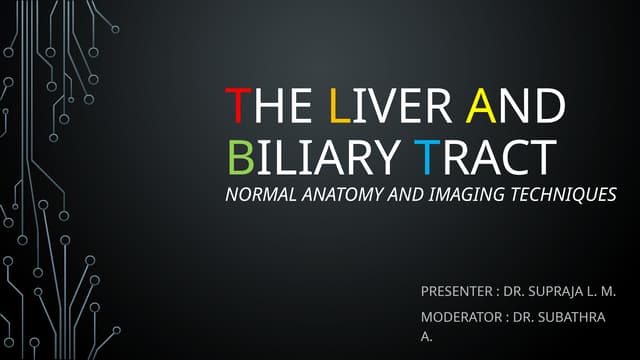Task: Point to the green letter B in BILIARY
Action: click(239, 156)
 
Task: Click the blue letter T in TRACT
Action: click(427, 156)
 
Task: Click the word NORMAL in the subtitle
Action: click(262, 195)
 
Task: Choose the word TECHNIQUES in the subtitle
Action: click(563, 195)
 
